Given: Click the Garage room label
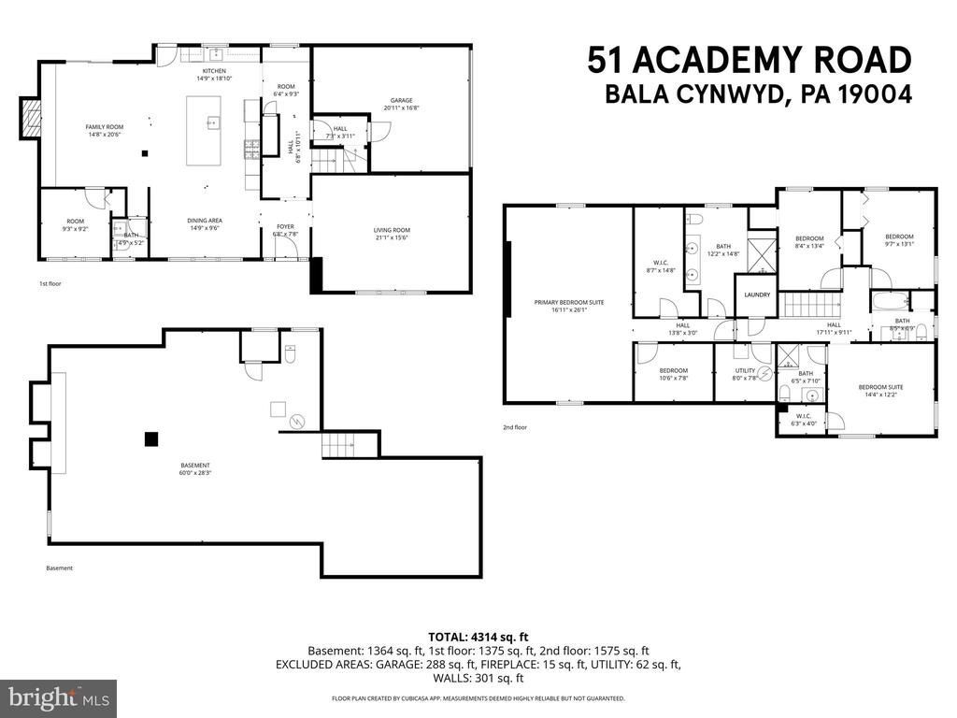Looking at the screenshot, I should (401, 104).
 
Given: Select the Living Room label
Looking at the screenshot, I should (393, 234).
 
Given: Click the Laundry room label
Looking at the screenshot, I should (757, 295).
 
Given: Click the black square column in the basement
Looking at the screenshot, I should (150, 438).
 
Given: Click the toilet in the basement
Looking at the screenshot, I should (291, 355).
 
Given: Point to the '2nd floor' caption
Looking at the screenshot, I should (515, 427).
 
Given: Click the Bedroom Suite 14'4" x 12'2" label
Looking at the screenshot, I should (880, 391).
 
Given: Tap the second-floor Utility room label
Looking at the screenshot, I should (745, 375).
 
